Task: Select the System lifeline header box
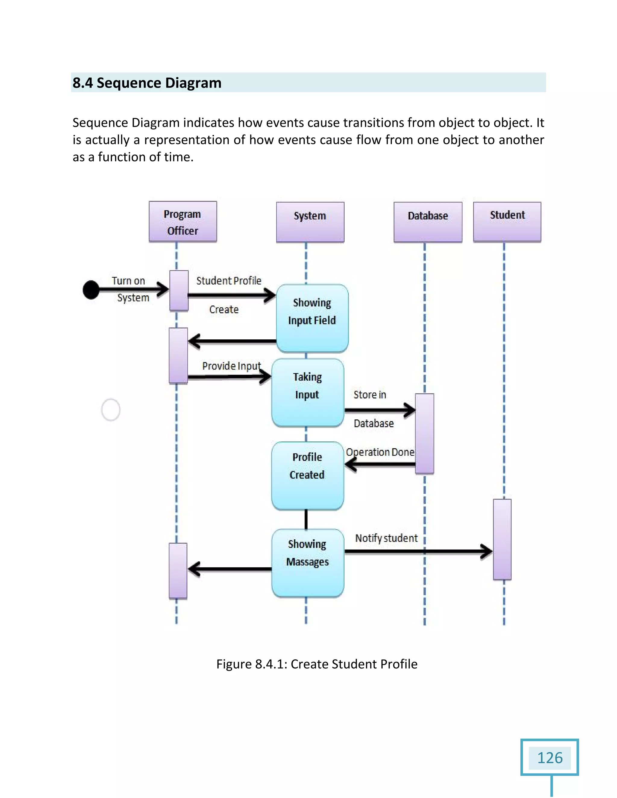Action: click(x=310, y=222)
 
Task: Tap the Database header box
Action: click(x=428, y=222)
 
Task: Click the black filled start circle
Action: click(x=91, y=290)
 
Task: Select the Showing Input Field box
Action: click(x=312, y=318)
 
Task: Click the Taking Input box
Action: click(x=307, y=392)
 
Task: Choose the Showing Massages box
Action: click(x=307, y=563)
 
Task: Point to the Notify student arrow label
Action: click(x=386, y=538)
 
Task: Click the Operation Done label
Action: click(x=380, y=452)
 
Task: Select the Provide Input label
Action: click(x=231, y=366)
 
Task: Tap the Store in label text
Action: click(x=370, y=394)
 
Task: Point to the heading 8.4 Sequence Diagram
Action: click(x=147, y=83)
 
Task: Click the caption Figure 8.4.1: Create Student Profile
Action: click(x=317, y=664)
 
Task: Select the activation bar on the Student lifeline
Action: click(x=502, y=539)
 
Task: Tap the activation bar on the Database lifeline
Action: click(x=424, y=433)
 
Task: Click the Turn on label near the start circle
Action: click(x=128, y=281)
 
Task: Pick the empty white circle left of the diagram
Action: click(x=110, y=410)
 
